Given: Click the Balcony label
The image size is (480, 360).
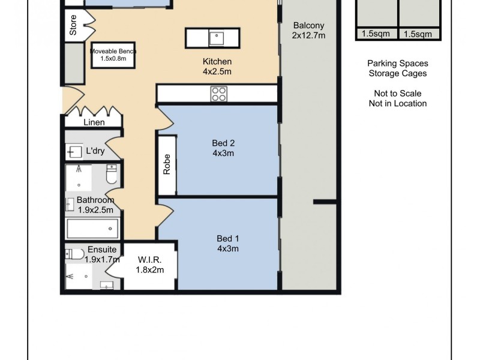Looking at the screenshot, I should coord(309,25).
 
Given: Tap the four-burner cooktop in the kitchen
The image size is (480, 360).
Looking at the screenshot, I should coord(219,94).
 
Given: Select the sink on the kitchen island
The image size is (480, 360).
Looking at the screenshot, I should coord(216,38).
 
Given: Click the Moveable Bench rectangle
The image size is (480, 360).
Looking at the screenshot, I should coord(114,55).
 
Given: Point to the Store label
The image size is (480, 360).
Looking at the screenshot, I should coord(73,29).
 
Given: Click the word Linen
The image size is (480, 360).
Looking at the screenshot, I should coord(94,122).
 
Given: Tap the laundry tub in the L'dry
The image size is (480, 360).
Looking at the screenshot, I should coord(75,151).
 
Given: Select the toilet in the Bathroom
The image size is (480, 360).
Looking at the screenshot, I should coord(110,175).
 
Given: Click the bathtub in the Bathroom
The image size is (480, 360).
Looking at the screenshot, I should coord(93,228).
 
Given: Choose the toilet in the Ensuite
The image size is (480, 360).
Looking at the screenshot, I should coord(75,254).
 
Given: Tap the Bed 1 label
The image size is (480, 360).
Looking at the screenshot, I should coord(228,239).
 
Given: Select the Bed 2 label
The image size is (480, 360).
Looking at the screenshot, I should coord(223,143).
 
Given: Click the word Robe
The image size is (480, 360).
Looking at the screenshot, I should coord(166,164).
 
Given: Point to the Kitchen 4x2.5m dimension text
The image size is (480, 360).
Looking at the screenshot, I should coord(217,71).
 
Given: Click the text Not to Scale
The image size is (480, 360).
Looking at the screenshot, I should coord(397,94).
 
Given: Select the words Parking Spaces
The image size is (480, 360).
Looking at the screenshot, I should coord(398,63).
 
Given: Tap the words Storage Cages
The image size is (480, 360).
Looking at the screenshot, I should coord(398,73).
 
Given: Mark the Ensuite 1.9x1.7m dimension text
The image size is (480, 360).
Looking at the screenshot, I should coord(101,260).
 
